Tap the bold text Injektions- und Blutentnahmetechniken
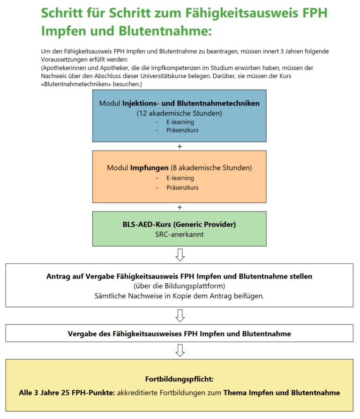pos(191,104)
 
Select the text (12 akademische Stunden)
pos(179,113)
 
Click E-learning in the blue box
pos(180,122)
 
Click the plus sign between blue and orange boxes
pos(180,146)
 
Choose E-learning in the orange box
pos(180,178)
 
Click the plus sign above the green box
pos(180,207)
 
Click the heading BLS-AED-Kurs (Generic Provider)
pos(180,224)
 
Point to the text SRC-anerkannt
pos(180,234)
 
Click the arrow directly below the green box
pos(180,254)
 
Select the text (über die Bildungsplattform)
pos(180,286)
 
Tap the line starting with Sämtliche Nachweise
pos(180,296)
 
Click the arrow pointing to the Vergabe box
pos(180,316)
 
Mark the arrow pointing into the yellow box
pos(180,350)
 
